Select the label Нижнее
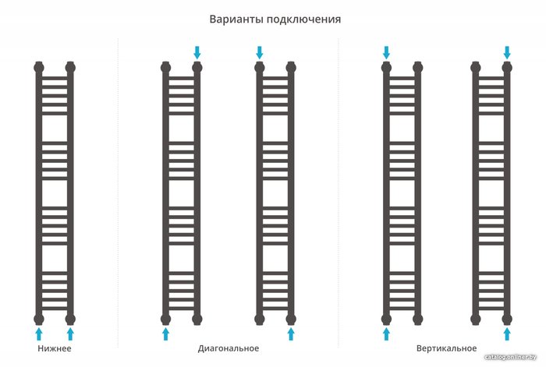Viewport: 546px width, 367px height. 55,348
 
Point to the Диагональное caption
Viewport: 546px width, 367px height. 229,348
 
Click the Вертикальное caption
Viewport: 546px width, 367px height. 446,348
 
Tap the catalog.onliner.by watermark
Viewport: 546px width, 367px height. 513,357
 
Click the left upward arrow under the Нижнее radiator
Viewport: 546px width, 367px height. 39,333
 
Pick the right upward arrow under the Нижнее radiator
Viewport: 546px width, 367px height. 70,333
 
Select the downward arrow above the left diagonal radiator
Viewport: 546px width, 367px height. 197,52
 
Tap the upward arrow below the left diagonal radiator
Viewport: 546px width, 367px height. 165,333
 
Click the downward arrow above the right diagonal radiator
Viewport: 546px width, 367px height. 260,52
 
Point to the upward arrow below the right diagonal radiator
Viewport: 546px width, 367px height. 291,333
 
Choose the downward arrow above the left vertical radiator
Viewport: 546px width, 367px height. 386,52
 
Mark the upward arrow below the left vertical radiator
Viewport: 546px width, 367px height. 386,333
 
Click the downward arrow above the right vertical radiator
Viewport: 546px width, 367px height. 507,52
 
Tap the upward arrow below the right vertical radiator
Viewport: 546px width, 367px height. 507,333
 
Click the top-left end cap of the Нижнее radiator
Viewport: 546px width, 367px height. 39,67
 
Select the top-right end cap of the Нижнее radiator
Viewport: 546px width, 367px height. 70,67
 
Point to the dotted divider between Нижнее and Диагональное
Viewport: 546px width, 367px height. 118,195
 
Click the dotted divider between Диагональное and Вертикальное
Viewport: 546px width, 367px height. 339,195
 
